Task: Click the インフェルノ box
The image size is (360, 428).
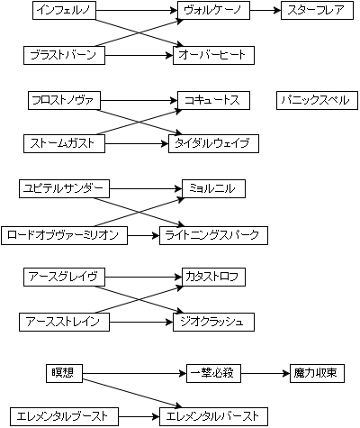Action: pyautogui.click(x=64, y=11)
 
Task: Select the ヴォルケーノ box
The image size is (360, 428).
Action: pyautogui.click(x=213, y=11)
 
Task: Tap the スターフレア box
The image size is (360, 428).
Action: pyautogui.click(x=317, y=11)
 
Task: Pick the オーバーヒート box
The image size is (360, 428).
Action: pyautogui.click(x=213, y=55)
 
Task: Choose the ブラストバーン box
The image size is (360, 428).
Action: pyautogui.click(x=64, y=55)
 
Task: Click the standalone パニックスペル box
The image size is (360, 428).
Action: pyautogui.click(x=317, y=100)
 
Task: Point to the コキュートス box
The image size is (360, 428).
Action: pyautogui.click(x=213, y=100)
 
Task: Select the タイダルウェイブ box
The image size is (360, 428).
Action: pyautogui.click(x=213, y=143)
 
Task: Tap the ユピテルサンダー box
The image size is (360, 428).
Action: pyautogui.click(x=64, y=188)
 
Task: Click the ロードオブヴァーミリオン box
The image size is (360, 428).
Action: pyautogui.click(x=64, y=235)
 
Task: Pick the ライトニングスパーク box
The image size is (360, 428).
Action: pyautogui.click(x=213, y=235)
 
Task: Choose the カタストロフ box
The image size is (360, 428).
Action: pyautogui.click(x=213, y=277)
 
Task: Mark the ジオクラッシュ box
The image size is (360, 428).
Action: pyautogui.click(x=213, y=322)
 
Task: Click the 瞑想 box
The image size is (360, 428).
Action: pyautogui.click(x=64, y=373)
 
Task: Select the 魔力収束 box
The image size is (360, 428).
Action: pyautogui.click(x=317, y=373)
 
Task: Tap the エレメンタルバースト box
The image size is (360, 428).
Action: pyautogui.click(x=213, y=416)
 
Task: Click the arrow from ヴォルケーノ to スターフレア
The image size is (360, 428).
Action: pyautogui.click(x=265, y=11)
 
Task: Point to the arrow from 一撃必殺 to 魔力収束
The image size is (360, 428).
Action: pyautogui.click(x=265, y=374)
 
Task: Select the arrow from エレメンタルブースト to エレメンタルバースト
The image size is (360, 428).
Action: pyautogui.click(x=139, y=417)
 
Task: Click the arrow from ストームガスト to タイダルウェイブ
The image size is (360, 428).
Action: pyautogui.click(x=137, y=143)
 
